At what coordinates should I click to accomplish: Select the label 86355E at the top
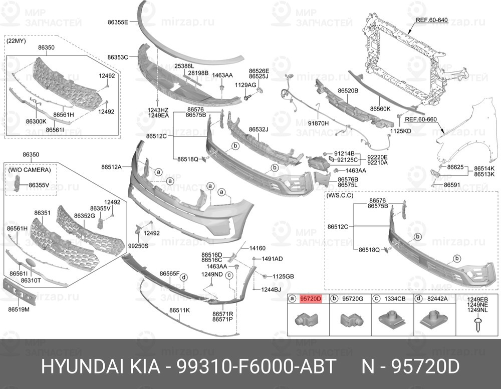(118, 22)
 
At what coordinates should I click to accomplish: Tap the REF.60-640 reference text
(431, 20)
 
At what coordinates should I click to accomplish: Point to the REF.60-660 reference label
(421, 119)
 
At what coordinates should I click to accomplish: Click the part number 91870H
(318, 123)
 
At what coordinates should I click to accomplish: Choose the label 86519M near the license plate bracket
(19, 309)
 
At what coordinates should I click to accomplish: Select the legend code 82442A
(438, 299)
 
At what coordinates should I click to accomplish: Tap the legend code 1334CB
(395, 299)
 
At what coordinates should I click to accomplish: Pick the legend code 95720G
(352, 299)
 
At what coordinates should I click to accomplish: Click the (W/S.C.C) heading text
(340, 195)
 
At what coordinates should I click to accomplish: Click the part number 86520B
(348, 91)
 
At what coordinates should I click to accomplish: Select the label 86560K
(380, 108)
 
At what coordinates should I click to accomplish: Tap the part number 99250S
(138, 246)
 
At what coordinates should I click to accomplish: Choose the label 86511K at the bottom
(179, 310)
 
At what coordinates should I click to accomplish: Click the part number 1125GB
(283, 276)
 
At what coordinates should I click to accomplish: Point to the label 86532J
(259, 129)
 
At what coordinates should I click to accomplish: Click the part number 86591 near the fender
(452, 184)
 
